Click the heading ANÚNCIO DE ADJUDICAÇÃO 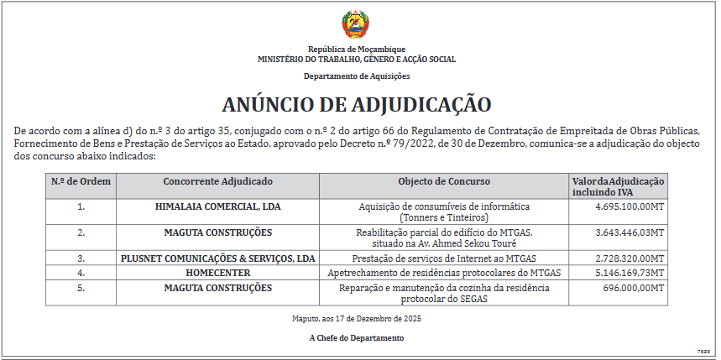pos(357,105)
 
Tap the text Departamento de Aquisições pos(357,76)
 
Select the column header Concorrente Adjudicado pos(217,182)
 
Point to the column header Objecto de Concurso pos(444,182)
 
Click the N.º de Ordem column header pos(81,182)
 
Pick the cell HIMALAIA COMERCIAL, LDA pos(217,206)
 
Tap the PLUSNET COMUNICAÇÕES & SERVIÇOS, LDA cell pos(217,258)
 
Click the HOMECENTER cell pos(217,273)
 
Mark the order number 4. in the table pos(81,273)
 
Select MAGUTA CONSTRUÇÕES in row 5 pos(217,288)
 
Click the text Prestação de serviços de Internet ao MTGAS pos(444,258)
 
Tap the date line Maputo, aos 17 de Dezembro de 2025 pos(357,319)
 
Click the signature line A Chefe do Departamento pos(357,338)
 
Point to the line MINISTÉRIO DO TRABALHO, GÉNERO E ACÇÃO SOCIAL pos(357,60)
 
